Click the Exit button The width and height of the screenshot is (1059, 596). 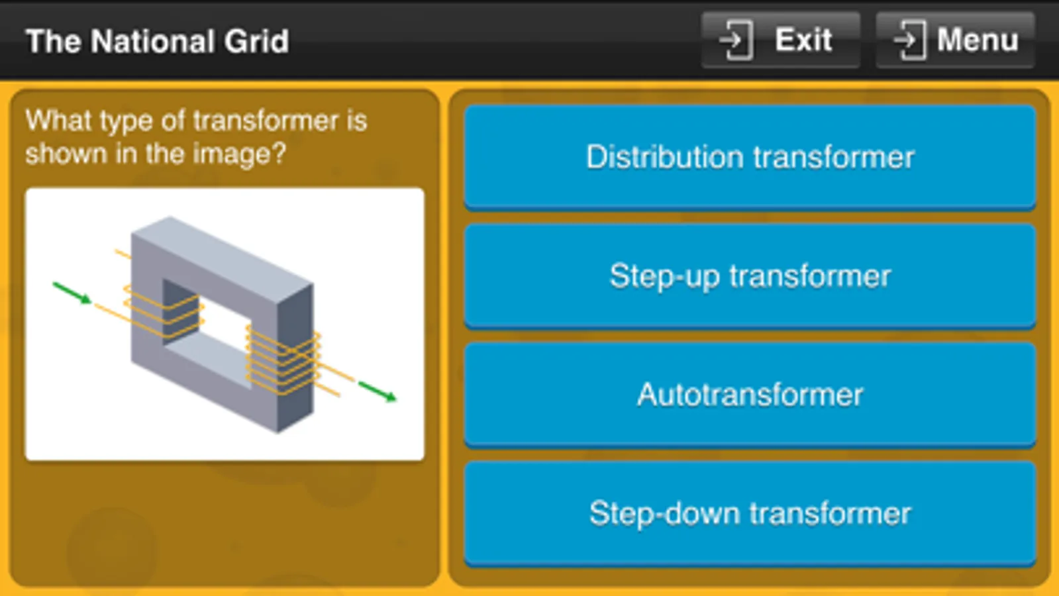click(x=780, y=40)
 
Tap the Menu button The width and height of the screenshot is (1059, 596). click(x=955, y=40)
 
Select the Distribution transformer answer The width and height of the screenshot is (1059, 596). click(x=750, y=157)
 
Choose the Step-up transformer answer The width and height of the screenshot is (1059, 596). click(x=750, y=275)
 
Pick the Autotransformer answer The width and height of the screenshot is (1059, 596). click(x=750, y=395)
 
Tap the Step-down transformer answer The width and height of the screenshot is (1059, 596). click(x=750, y=513)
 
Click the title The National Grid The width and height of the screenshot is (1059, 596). click(x=157, y=41)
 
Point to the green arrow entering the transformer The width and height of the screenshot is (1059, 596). click(x=72, y=293)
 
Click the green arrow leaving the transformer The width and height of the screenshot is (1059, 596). click(x=378, y=391)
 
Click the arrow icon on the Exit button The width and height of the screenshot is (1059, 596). click(x=735, y=40)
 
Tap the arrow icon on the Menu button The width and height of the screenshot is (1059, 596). click(x=909, y=40)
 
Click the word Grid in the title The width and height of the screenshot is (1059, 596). click(x=256, y=41)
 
